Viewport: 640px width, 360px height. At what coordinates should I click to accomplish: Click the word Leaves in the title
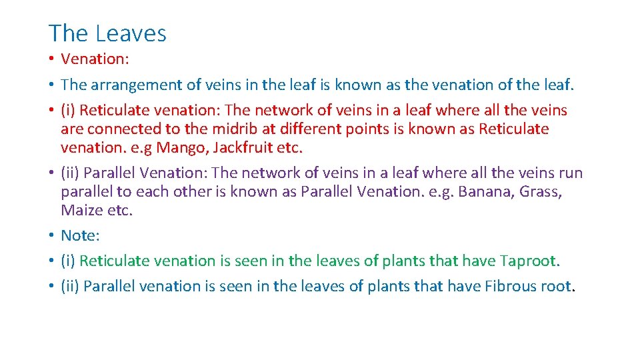click(131, 33)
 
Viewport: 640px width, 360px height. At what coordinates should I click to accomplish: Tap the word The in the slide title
click(69, 33)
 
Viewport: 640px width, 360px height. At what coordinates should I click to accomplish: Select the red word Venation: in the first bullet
click(95, 59)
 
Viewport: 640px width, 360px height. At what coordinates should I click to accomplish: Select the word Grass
click(541, 192)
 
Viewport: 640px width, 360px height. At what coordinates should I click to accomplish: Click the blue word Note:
click(81, 235)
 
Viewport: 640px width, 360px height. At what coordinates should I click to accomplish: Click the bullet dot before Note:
click(51, 236)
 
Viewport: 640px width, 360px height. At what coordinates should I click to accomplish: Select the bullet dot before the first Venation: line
click(51, 59)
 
